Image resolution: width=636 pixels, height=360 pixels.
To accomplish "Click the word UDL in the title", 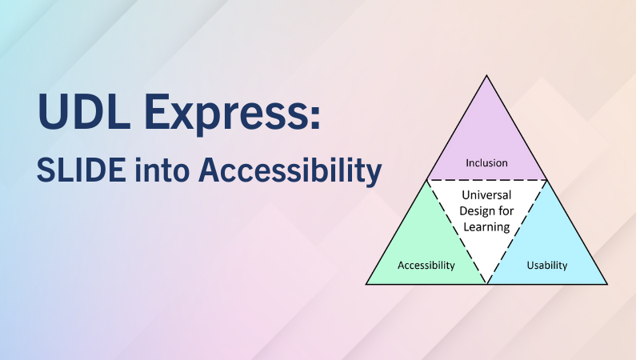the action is pyautogui.click(x=84, y=111).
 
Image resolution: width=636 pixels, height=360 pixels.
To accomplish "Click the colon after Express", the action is pyautogui.click(x=315, y=118).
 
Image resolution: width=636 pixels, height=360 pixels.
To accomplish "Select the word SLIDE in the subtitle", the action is pyautogui.click(x=81, y=170).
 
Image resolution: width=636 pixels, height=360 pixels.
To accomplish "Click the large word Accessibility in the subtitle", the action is pyautogui.click(x=290, y=172).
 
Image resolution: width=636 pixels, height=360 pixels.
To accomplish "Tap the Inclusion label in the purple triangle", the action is pyautogui.click(x=486, y=163).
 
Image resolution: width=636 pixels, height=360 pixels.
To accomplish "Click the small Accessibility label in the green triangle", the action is pyautogui.click(x=426, y=266).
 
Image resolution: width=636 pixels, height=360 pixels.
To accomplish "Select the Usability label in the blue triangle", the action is pyautogui.click(x=546, y=266).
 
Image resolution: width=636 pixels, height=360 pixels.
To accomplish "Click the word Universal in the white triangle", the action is pyautogui.click(x=486, y=195).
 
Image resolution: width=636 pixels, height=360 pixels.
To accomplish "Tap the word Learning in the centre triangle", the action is pyautogui.click(x=486, y=227).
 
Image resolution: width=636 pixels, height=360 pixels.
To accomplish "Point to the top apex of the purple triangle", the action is pyautogui.click(x=486, y=75).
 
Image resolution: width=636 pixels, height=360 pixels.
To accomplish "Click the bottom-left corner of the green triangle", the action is pyautogui.click(x=366, y=284).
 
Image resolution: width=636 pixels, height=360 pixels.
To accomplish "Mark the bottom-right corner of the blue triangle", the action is pyautogui.click(x=606, y=284).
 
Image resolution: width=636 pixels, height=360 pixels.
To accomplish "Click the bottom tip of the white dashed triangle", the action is pyautogui.click(x=486, y=283).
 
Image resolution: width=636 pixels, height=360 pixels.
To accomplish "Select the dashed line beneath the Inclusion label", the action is pyautogui.click(x=486, y=179).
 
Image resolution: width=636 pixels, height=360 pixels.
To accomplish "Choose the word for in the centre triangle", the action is pyautogui.click(x=506, y=211).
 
